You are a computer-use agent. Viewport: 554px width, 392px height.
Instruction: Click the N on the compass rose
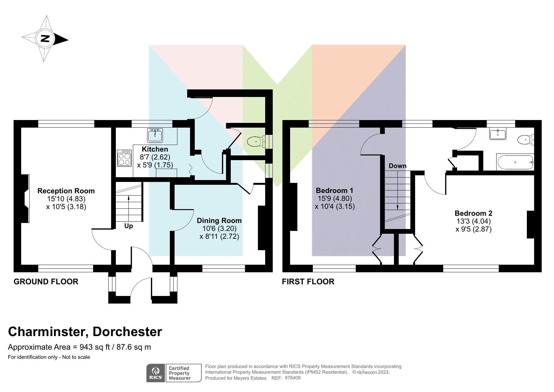click(45, 39)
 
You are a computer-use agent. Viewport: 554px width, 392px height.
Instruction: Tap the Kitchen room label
click(155, 149)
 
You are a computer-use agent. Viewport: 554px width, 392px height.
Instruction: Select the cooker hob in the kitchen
click(124, 158)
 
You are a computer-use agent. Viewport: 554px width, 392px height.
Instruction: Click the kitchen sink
click(155, 135)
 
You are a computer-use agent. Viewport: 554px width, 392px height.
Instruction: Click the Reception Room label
click(66, 191)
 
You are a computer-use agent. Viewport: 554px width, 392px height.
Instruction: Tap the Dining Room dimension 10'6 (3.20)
click(219, 228)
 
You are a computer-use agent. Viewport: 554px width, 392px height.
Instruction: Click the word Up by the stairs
click(128, 226)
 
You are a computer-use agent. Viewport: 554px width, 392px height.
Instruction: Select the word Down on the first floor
click(397, 166)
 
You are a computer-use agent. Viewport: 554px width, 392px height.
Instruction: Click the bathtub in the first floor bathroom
click(515, 162)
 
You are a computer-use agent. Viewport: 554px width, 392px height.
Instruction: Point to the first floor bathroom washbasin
click(497, 134)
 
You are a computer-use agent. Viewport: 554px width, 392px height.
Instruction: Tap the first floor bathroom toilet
click(525, 139)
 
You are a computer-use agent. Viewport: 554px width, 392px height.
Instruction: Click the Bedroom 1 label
click(334, 190)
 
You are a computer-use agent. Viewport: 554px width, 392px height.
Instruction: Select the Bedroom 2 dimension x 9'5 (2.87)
click(474, 229)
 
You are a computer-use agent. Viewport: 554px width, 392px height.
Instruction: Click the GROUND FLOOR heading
click(46, 281)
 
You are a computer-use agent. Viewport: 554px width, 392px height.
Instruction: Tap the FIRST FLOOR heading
click(308, 281)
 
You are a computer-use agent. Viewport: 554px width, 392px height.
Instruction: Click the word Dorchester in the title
click(127, 332)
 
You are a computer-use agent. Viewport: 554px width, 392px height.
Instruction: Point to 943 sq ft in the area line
click(95, 347)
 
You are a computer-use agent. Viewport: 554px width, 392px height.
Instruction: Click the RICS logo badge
click(156, 373)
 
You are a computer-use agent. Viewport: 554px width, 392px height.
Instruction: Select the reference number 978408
click(293, 378)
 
